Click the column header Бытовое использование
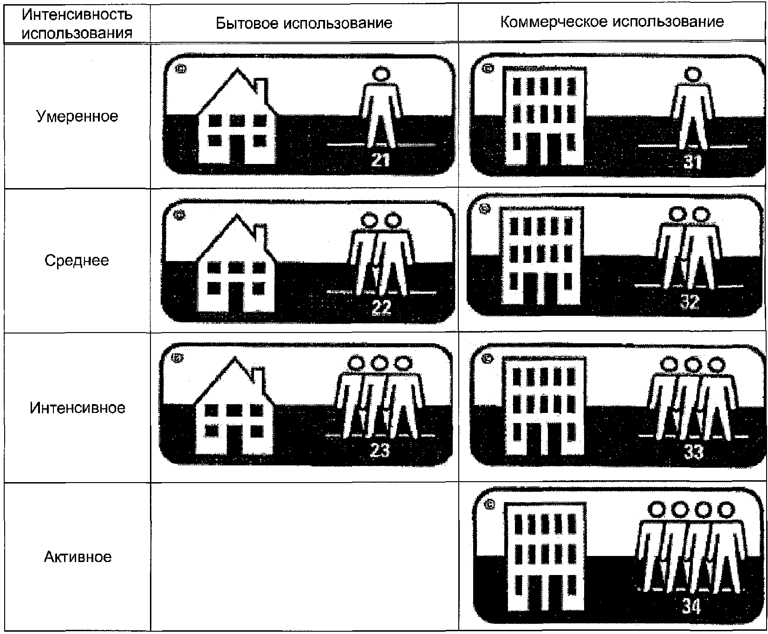[304, 23]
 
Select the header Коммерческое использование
[612, 22]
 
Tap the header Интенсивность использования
[77, 24]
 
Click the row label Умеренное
[77, 116]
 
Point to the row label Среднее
[77, 261]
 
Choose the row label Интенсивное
[77, 408]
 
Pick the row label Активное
[77, 556]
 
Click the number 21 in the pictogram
[380, 160]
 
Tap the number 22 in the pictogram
[381, 307]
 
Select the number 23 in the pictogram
[379, 450]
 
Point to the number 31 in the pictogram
[692, 162]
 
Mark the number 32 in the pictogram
[690, 302]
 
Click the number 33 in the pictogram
[693, 451]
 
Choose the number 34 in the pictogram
[691, 606]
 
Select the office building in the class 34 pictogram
[543, 557]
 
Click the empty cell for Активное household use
[304, 556]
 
